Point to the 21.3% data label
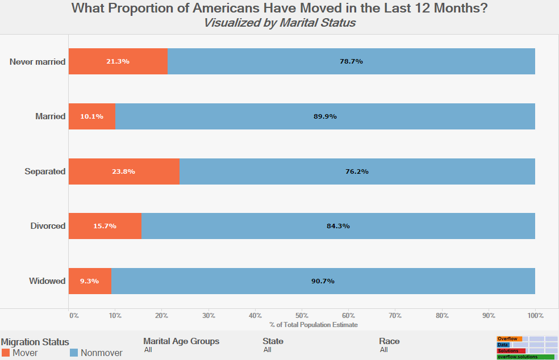pos(118,61)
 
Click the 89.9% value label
pos(325,116)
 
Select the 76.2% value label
pos(357,171)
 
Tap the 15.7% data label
pos(105,226)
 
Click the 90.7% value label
pos(323,281)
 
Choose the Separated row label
pos(45,171)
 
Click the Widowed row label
pos(47,281)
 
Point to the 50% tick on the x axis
pos(302,315)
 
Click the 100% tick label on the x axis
pos(535,315)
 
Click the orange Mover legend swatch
pos(6,353)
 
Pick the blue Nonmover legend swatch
pos(73,353)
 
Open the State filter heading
pos(273,341)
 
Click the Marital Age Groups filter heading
pos(181,341)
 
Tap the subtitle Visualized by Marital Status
pos(279,23)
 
